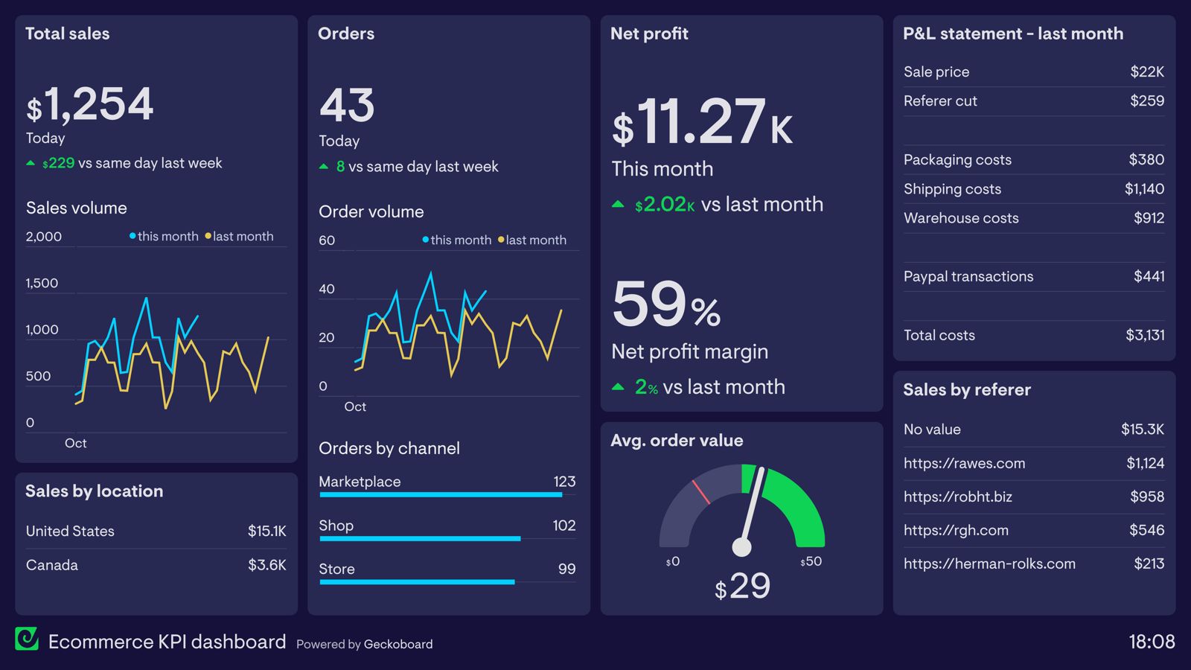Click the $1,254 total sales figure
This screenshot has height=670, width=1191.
click(x=91, y=104)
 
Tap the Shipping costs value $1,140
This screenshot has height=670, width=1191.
click(x=1144, y=189)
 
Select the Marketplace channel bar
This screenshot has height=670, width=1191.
click(x=440, y=494)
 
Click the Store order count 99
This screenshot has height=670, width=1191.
click(x=566, y=569)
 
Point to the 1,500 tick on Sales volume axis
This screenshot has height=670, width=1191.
click(x=42, y=283)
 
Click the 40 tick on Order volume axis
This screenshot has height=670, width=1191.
click(x=327, y=289)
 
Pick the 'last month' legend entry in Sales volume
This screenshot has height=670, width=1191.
click(x=240, y=236)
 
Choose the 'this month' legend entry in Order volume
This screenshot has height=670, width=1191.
click(x=457, y=240)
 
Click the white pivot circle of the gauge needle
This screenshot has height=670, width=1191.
click(x=741, y=547)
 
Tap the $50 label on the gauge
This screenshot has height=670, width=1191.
click(x=811, y=561)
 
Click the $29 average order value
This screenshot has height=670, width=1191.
click(x=742, y=586)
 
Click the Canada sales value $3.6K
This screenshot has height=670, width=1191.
click(x=266, y=565)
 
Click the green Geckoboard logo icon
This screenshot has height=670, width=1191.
click(x=27, y=639)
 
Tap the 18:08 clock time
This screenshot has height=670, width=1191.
click(x=1151, y=642)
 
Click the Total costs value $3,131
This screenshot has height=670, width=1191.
click(x=1144, y=335)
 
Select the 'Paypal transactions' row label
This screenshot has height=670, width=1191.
click(x=968, y=276)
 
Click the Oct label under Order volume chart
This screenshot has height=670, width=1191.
click(x=355, y=406)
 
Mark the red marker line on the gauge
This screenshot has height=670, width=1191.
click(x=700, y=492)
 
